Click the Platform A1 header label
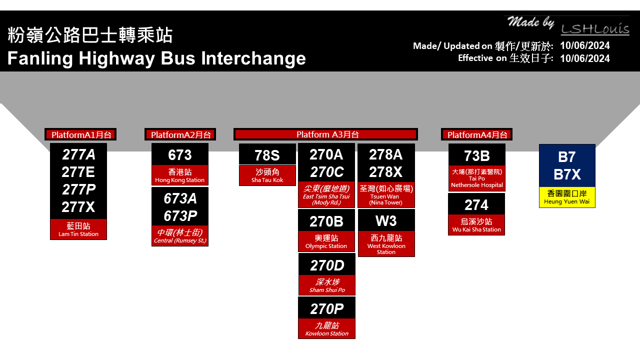(x=81, y=135)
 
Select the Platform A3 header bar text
(x=327, y=134)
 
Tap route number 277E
(x=78, y=172)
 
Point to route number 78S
(x=267, y=155)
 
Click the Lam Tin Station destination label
(x=78, y=229)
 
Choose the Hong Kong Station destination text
(x=179, y=175)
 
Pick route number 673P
(x=180, y=216)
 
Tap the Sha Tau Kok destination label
(x=267, y=175)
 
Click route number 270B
(x=326, y=221)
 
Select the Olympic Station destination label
(x=326, y=241)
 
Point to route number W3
(x=386, y=221)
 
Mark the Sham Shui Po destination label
(x=327, y=285)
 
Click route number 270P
(x=327, y=309)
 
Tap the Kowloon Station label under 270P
(x=327, y=329)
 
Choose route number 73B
(x=477, y=156)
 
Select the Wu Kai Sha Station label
(x=476, y=225)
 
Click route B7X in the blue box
(x=567, y=174)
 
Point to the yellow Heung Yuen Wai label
(x=567, y=197)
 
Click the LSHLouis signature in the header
(x=595, y=29)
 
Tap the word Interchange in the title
(x=253, y=58)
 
